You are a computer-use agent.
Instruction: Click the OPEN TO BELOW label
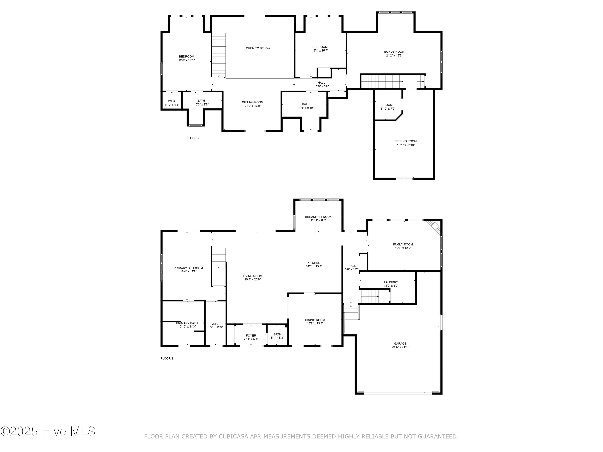258,48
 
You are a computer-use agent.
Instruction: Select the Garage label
400,343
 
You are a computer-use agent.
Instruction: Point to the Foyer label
251,335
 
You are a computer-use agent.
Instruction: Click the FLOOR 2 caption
193,138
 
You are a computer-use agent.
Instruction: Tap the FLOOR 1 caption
167,358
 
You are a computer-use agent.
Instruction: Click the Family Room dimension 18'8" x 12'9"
403,248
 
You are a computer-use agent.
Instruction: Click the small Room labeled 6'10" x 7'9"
388,106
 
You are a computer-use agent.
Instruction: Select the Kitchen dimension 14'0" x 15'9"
314,266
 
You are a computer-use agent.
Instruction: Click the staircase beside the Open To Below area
219,54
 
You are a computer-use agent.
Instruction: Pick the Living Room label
252,276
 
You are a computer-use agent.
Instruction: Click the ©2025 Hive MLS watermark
48,431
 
